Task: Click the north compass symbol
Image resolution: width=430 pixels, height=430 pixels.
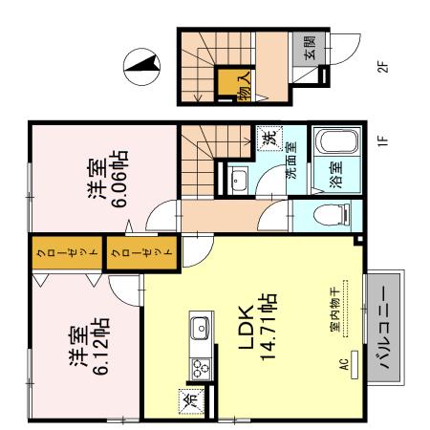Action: tap(141, 67)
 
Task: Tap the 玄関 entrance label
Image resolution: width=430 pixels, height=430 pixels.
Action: tap(310, 48)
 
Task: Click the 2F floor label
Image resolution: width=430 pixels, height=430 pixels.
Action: tap(383, 66)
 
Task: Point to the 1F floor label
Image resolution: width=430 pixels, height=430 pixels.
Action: tap(383, 139)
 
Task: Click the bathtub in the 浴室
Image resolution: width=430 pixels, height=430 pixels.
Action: tap(337, 141)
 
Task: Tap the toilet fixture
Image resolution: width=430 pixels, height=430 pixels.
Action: tap(332, 215)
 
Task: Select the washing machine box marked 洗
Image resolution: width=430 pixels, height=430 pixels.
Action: tap(269, 138)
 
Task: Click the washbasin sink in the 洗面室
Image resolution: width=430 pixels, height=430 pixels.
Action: tap(239, 180)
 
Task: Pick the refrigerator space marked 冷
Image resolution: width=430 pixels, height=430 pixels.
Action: tap(191, 401)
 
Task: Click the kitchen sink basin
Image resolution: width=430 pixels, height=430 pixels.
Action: tap(200, 328)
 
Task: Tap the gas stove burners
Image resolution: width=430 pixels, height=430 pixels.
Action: tap(201, 369)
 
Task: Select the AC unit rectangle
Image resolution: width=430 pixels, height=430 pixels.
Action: tap(355, 365)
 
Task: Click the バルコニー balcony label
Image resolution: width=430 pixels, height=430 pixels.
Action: tap(385, 328)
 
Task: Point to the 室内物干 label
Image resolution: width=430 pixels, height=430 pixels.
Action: tap(335, 309)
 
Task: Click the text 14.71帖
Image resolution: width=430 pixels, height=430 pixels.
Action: tap(268, 326)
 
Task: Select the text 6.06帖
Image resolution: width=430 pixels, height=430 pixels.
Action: tap(120, 179)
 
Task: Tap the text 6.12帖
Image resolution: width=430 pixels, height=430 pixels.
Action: tap(101, 346)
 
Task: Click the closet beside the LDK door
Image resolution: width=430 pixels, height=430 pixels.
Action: tap(141, 252)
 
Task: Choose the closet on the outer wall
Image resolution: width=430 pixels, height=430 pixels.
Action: tap(67, 252)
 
